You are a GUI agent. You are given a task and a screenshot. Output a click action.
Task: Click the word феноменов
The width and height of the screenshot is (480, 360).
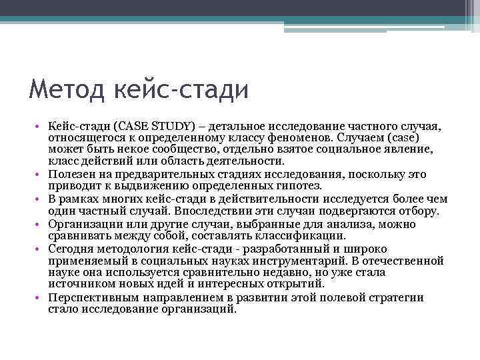point(297,138)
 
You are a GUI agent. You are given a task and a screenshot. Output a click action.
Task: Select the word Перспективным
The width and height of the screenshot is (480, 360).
point(92,297)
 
